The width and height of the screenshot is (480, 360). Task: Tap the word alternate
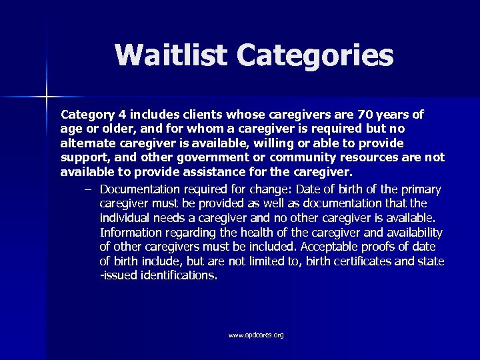89,143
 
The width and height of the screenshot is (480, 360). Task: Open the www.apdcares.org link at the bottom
256,335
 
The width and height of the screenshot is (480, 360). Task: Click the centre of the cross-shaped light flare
47,97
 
